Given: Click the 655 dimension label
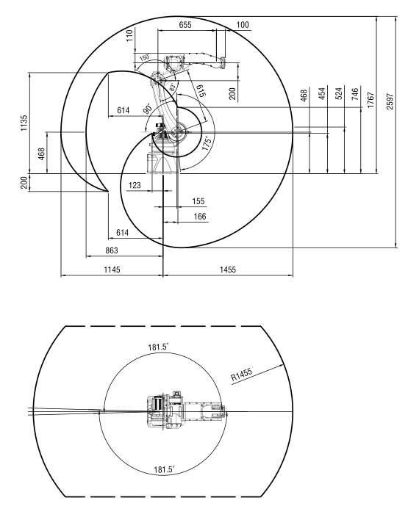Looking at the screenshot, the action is point(185,24).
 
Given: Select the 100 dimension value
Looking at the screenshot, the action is point(243,24).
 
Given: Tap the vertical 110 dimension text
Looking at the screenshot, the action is point(129,35).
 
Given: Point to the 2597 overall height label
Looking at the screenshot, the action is point(390,101).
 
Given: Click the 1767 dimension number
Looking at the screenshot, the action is point(371,100).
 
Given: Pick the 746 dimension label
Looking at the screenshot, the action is point(355,94).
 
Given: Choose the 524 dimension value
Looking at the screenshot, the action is point(339,93).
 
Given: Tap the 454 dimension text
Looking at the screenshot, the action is point(322,93).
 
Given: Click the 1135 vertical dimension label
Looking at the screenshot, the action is point(24,123).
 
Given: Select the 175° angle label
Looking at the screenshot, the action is point(207,143).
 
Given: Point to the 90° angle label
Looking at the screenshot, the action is point(148,109).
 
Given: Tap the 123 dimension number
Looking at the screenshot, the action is point(135,185).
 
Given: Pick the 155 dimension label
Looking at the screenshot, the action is point(198,201).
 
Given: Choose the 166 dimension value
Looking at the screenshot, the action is point(200,216).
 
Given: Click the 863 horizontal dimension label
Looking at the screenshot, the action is point(112,250).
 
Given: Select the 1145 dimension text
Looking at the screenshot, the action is point(112,269).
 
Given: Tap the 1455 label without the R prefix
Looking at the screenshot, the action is point(228,269).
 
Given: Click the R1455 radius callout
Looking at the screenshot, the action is point(242,375).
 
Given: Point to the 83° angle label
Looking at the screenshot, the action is point(173,87).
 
